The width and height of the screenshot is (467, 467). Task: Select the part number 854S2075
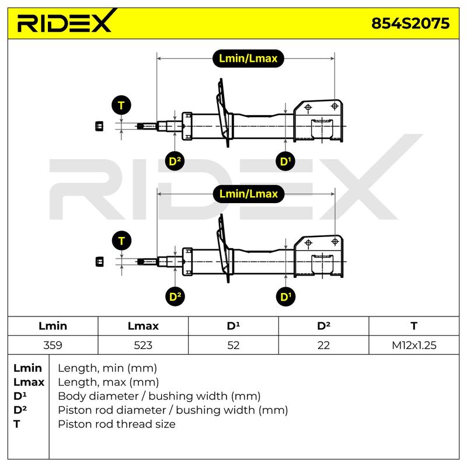[x=410, y=23]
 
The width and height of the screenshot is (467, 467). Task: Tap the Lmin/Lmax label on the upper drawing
[x=248, y=58]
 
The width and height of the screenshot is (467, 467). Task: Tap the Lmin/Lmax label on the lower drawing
[x=249, y=194]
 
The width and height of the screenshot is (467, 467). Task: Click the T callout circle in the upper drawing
[x=121, y=106]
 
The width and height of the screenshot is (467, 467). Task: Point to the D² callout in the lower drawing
[x=175, y=297]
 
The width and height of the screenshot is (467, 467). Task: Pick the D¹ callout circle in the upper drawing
[x=285, y=162]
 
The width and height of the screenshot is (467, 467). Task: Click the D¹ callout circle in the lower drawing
[x=286, y=297]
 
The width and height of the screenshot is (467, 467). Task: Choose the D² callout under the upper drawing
[x=175, y=162]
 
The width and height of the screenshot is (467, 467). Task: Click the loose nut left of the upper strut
[x=99, y=126]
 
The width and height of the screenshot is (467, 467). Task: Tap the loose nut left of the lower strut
[x=99, y=262]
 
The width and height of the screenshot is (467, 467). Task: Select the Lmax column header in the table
[x=143, y=326]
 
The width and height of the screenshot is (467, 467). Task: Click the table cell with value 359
[x=53, y=345]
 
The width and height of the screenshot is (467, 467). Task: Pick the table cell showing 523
[x=143, y=345]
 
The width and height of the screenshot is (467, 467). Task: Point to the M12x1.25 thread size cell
[x=414, y=345]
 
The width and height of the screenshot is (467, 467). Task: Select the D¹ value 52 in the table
[x=233, y=345]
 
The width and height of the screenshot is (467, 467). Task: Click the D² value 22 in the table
[x=323, y=345]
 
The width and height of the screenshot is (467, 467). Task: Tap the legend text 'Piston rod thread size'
[x=116, y=424]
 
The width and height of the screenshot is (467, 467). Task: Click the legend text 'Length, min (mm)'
[x=107, y=368]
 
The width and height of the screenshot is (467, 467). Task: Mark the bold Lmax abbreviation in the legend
[x=29, y=382]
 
